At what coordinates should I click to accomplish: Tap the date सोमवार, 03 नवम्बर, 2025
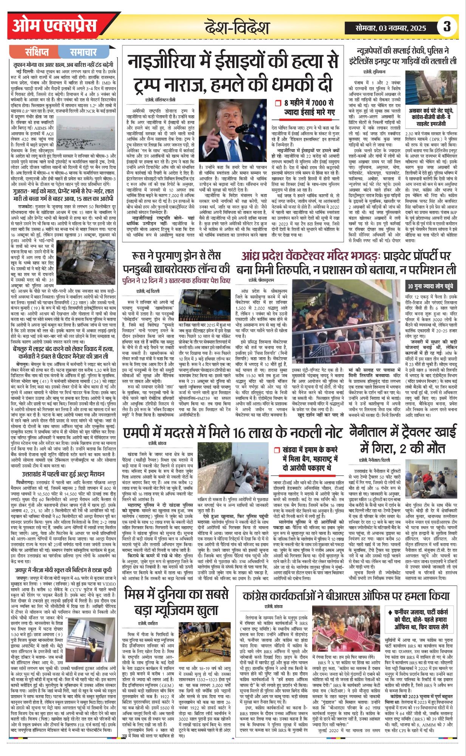click(x=391, y=28)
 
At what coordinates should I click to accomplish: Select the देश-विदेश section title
click(x=237, y=28)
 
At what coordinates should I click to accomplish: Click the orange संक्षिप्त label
click(x=37, y=52)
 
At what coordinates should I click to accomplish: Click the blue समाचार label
click(x=83, y=52)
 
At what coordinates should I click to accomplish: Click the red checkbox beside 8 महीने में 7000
click(x=278, y=103)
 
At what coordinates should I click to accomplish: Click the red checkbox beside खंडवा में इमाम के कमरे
click(x=277, y=450)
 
